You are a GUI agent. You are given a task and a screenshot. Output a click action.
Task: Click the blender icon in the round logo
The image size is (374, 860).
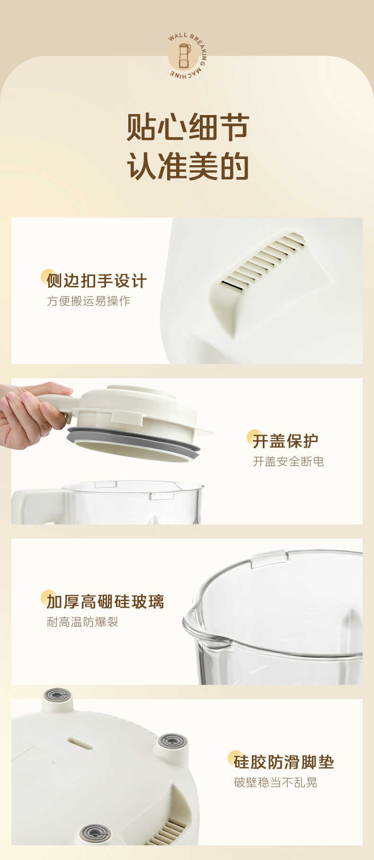[x=184, y=55]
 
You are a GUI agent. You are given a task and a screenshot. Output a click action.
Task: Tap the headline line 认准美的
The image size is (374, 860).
[x=187, y=166]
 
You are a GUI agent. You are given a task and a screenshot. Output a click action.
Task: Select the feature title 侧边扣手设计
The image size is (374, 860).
[x=97, y=281]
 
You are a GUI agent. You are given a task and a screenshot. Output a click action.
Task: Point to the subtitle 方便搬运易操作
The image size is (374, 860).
[x=89, y=301]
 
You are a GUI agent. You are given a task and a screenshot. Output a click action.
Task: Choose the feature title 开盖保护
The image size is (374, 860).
[x=285, y=441]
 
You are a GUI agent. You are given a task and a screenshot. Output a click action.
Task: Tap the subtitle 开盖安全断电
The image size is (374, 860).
[x=288, y=461]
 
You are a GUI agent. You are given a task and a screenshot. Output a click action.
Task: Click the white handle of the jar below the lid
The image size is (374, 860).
[x=38, y=506]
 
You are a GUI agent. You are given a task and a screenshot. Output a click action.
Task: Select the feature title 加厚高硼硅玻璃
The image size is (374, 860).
[x=105, y=602]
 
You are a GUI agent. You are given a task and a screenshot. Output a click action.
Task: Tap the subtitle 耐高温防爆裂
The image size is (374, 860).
[x=82, y=622]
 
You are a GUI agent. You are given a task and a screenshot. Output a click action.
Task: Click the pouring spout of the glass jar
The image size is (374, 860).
[x=199, y=627]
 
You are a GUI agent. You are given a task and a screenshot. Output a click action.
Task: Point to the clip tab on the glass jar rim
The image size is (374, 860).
[x=269, y=558]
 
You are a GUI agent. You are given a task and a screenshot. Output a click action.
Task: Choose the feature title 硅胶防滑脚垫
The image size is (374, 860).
[x=284, y=762]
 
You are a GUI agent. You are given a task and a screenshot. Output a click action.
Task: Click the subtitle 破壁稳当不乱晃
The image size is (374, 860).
[x=276, y=782]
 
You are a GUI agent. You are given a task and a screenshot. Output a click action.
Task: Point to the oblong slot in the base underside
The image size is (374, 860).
[x=80, y=743]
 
